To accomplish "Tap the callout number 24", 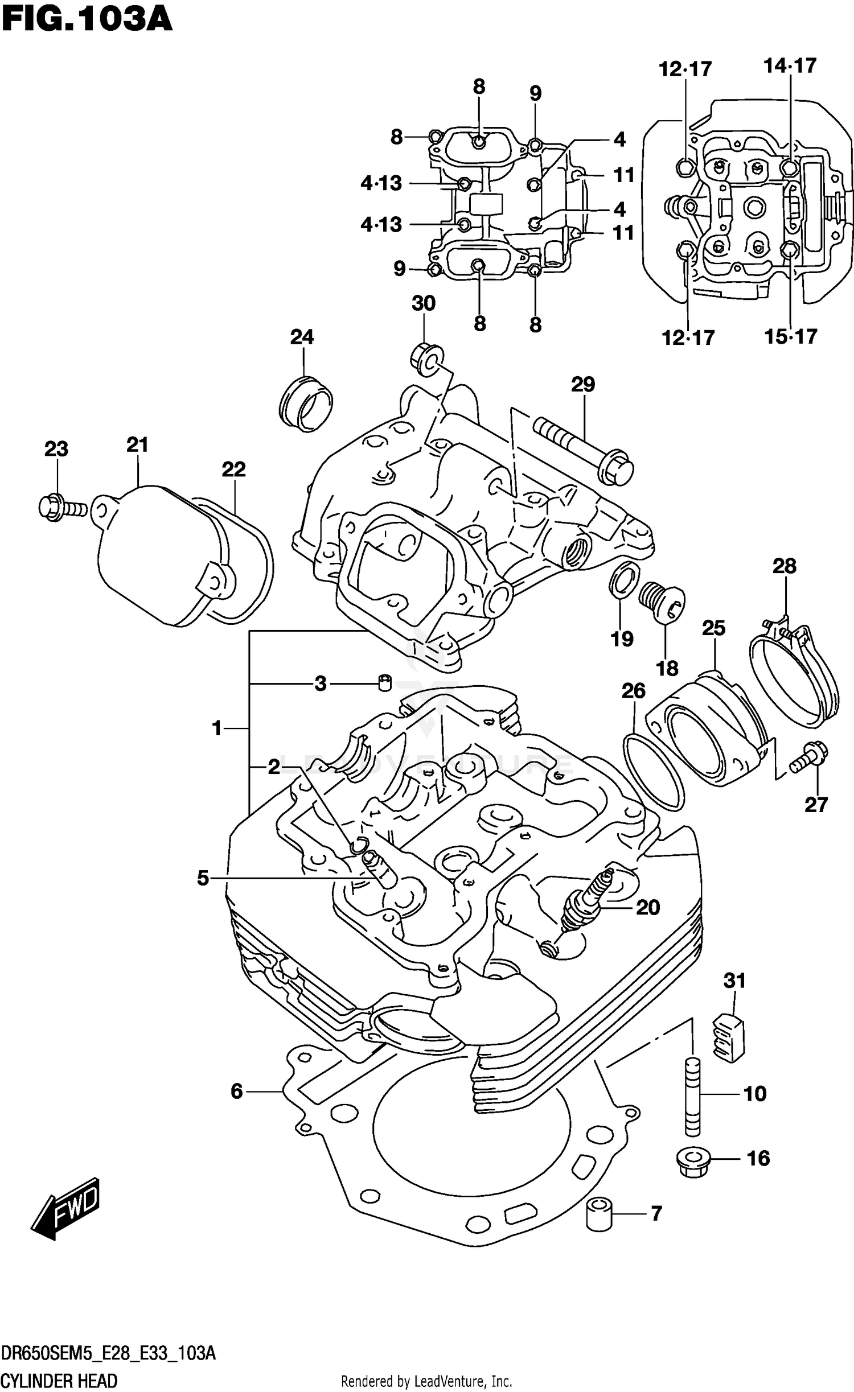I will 302,337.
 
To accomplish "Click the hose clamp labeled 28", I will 794,674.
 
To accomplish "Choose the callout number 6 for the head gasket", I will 236,1091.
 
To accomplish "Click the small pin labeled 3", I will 385,682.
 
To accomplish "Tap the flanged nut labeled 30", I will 424,359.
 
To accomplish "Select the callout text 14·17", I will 790,66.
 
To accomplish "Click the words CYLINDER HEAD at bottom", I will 59,1381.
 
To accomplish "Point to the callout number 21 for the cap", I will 137,444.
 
